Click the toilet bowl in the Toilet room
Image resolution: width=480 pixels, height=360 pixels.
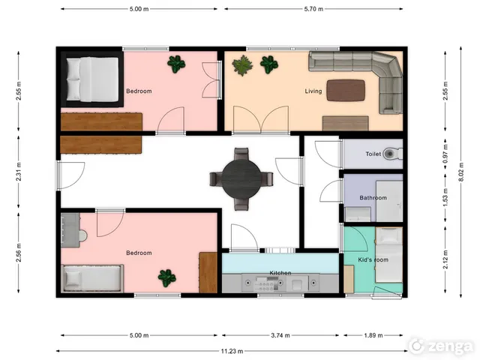[393, 153]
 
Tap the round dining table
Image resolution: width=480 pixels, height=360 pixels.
[241, 178]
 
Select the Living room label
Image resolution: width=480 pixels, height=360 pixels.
[313, 91]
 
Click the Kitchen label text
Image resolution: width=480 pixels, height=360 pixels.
[280, 273]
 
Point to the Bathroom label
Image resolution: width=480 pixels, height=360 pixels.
[373, 198]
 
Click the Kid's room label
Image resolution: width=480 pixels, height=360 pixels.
[373, 260]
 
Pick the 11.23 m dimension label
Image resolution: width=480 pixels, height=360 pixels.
[232, 351]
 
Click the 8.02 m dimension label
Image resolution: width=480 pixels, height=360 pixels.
[461, 172]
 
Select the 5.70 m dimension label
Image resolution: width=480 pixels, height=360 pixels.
[313, 9]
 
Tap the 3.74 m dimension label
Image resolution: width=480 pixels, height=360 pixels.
[280, 335]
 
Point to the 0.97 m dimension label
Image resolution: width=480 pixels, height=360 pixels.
[445, 154]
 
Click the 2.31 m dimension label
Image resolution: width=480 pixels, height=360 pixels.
[19, 172]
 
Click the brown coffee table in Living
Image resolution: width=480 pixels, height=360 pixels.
[346, 90]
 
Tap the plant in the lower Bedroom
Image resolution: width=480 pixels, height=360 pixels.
[166, 278]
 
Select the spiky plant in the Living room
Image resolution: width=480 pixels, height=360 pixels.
[242, 65]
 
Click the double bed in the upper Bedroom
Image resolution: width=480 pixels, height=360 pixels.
[92, 79]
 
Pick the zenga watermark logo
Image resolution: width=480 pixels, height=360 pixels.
[442, 346]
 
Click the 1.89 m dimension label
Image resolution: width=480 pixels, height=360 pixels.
[373, 335]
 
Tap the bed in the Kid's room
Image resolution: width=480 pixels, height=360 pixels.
[388, 255]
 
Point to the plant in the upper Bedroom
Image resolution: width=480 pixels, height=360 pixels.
[176, 64]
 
